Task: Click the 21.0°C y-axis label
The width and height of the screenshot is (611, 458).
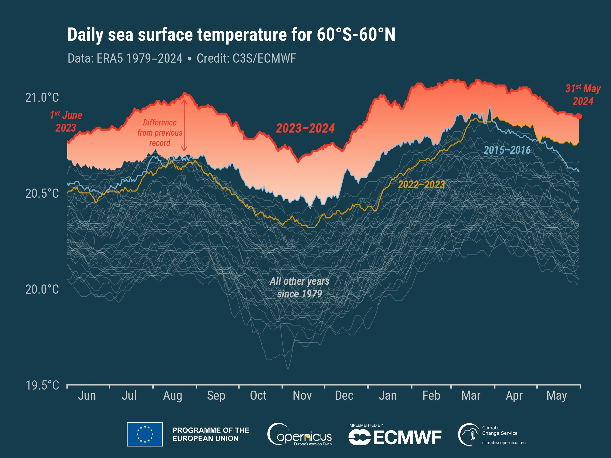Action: pos(42,98)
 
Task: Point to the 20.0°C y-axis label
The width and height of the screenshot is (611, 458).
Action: pos(42,290)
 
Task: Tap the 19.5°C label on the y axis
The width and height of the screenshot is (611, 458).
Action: pos(42,385)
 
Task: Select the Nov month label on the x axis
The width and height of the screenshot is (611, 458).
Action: pos(302,396)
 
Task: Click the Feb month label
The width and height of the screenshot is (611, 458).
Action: pos(431,396)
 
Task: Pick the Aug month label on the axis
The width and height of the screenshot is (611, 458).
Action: pos(173,396)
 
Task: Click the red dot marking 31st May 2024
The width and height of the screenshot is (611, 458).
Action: pos(579,117)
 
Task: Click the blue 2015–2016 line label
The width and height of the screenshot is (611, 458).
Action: pos(507,150)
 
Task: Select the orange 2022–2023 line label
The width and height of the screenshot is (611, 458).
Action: pos(421,185)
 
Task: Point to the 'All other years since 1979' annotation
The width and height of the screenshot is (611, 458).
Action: pos(299,287)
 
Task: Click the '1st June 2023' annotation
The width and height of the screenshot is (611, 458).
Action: pos(66,121)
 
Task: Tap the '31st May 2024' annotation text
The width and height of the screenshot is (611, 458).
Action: pos(583,95)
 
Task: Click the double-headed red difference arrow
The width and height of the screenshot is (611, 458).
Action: pos(184,125)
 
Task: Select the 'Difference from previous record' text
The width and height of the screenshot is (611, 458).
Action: pos(160,133)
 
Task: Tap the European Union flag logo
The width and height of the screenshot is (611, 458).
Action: pos(145,434)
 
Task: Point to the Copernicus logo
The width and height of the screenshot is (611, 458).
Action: pos(299,435)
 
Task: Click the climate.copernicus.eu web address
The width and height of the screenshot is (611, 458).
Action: pos(504,442)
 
